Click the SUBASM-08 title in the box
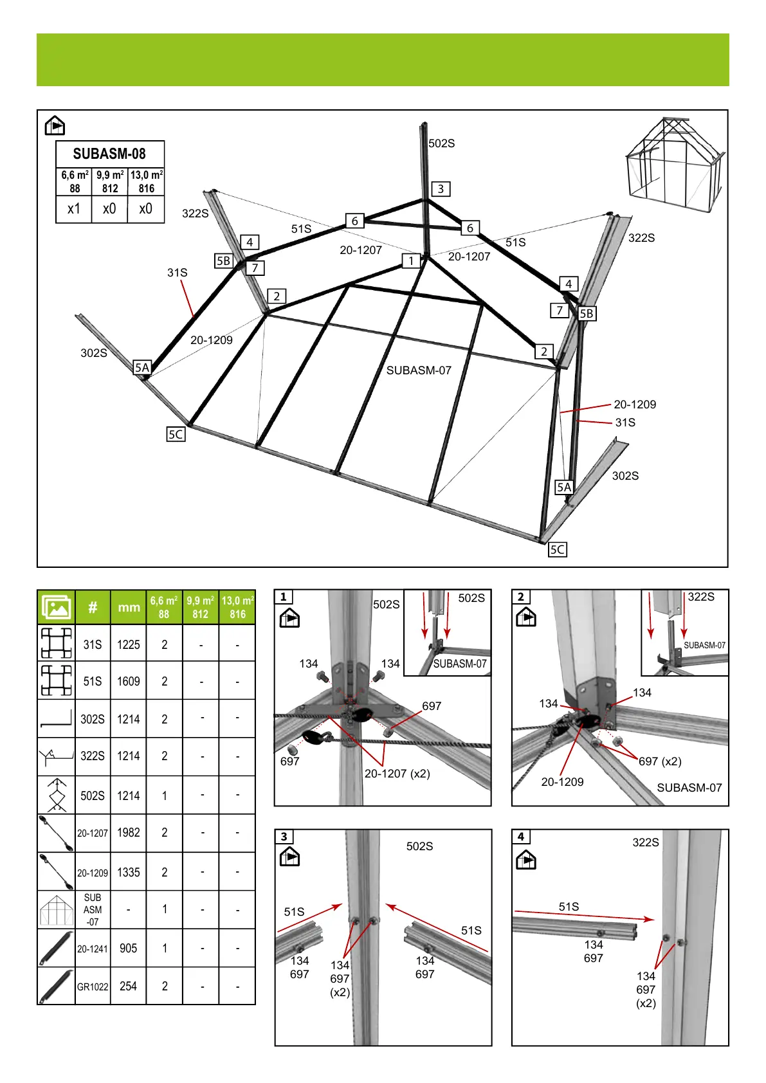point(109,154)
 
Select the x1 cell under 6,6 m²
point(74,209)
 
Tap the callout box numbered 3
point(441,188)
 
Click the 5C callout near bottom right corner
point(558,550)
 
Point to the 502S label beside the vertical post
point(442,143)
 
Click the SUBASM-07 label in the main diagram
point(419,370)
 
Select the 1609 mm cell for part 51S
point(129,681)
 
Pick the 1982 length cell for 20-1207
point(129,833)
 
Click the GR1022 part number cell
point(93,987)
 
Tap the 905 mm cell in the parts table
point(129,949)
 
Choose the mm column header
point(129,607)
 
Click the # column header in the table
point(93,607)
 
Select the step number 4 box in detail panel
point(521,836)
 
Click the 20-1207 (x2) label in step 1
point(397,774)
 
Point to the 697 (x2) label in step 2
point(660,761)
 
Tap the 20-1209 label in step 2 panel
point(563,782)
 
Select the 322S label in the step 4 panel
point(646,842)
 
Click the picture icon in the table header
point(56,607)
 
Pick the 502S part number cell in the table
point(93,796)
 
